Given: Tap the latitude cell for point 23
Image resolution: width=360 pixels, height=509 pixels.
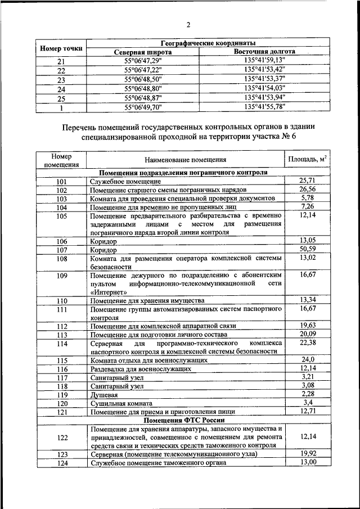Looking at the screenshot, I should coord(142,79).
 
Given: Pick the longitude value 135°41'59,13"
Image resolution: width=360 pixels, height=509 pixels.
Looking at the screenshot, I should coord(265,61).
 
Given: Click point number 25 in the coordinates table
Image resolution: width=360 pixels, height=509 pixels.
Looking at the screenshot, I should coord(61,98).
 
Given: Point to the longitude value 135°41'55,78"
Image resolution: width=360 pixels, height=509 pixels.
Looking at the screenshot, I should coord(265,106).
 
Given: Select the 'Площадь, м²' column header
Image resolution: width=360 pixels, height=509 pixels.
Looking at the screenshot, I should coord(307,160).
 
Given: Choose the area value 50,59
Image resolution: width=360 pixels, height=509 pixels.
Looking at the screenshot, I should coord(307,249).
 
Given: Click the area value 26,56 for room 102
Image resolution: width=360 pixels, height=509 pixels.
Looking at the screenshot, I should coord(307,190).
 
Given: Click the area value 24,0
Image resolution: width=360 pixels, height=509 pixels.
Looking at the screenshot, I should coord(307,360).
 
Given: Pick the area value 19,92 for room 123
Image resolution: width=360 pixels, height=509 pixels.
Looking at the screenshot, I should coord(307,453).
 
